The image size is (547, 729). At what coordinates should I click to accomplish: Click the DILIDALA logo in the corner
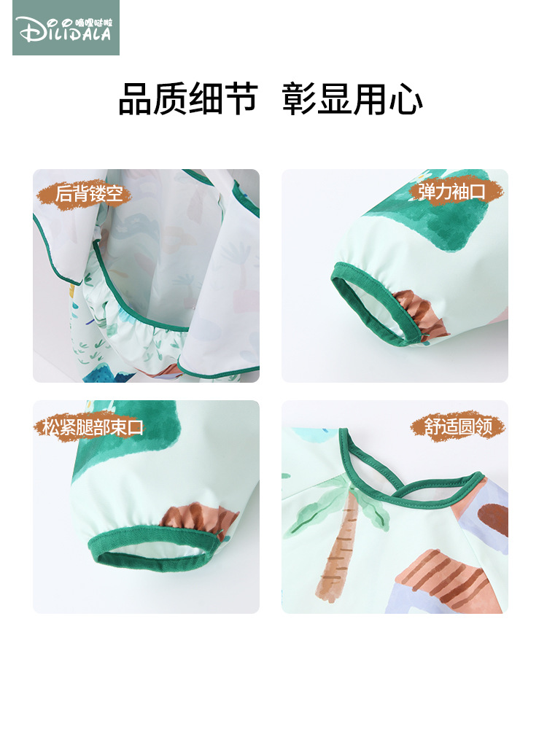(66, 28)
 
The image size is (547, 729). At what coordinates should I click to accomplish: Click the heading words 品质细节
(188, 99)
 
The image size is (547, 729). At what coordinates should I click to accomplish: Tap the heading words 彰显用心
(352, 99)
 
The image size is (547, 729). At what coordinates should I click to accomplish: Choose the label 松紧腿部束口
(93, 426)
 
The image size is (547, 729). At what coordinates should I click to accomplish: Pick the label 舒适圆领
(458, 426)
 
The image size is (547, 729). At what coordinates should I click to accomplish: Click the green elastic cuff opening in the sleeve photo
(372, 306)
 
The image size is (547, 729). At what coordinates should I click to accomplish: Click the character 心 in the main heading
(407, 99)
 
